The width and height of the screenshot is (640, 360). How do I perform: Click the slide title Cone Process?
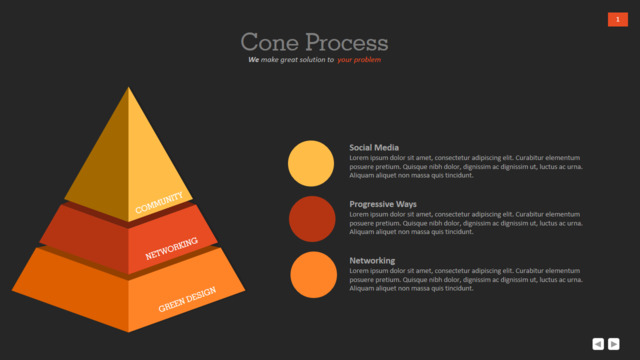(314, 42)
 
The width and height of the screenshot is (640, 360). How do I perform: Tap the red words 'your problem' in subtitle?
(359, 60)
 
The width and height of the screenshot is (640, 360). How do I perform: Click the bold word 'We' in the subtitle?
(253, 60)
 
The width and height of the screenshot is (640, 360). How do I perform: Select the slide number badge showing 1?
(618, 20)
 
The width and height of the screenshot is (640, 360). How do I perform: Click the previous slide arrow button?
(598, 344)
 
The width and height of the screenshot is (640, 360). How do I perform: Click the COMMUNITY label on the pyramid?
(159, 203)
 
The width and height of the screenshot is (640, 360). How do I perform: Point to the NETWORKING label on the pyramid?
(171, 248)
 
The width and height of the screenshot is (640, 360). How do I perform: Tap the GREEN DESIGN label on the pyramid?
(187, 299)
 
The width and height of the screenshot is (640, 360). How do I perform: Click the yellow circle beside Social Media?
(311, 163)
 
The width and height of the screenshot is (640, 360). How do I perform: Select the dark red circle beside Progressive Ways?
(312, 219)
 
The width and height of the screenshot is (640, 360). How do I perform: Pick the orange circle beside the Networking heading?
(313, 275)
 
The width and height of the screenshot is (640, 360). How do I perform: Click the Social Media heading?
(374, 148)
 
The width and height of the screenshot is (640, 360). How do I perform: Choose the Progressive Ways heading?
(383, 204)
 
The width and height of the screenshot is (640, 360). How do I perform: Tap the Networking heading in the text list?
(372, 260)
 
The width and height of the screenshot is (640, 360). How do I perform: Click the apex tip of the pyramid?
(129, 87)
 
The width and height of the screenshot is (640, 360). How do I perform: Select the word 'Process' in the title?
(347, 42)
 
